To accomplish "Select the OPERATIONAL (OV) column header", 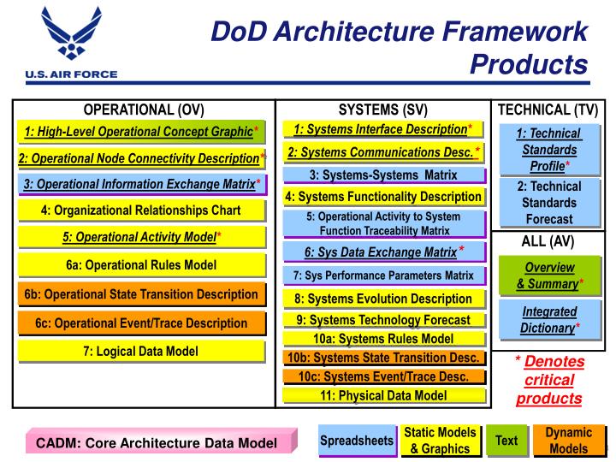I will click(144, 110).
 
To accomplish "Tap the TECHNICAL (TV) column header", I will click(548, 110).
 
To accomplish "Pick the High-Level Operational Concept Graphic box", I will click(141, 132).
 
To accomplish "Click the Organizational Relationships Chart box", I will click(141, 210).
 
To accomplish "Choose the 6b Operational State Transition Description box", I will click(141, 294).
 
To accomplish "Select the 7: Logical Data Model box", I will click(141, 352).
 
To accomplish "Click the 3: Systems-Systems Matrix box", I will click(383, 175).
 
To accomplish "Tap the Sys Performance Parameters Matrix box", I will click(383, 275).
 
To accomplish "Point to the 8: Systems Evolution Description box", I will click(383, 299).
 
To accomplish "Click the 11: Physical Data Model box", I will click(383, 395).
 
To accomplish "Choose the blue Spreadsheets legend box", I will click(356, 441).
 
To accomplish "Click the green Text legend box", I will click(506, 441).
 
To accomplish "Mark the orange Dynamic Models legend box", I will click(568, 441).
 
